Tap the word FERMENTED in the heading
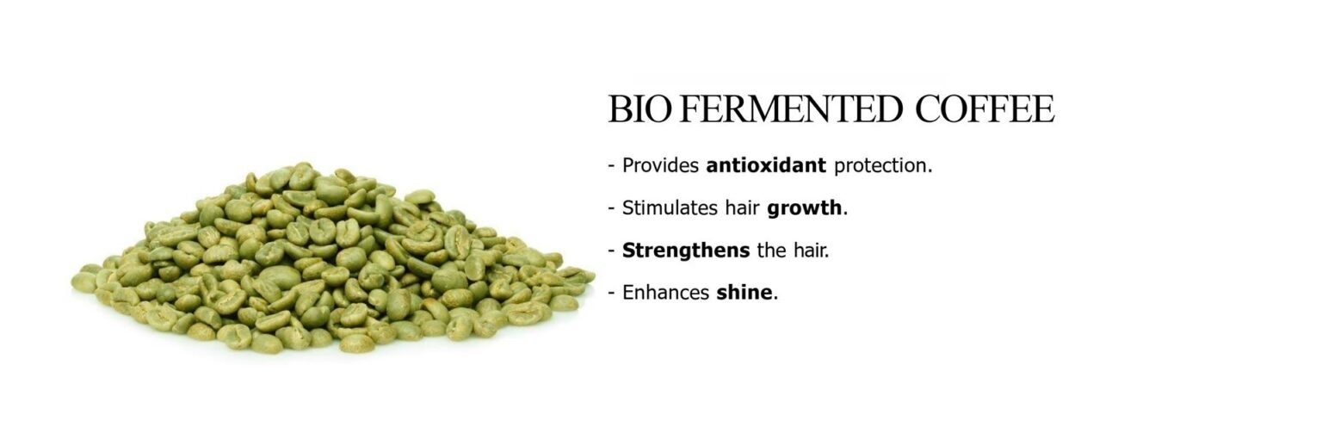tap(791, 108)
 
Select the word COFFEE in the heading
tap(985, 108)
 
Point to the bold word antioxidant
tap(766, 165)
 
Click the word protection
tap(883, 166)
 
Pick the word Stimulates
tap(670, 208)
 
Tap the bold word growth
tap(805, 209)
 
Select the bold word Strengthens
tap(686, 251)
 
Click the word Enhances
tap(665, 293)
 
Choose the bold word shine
tap(744, 293)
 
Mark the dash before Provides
tap(611, 166)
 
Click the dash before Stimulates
tap(611, 209)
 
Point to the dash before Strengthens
tap(611, 251)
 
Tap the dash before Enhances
tap(611, 294)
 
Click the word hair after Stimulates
tap(742, 208)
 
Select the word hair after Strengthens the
tap(811, 251)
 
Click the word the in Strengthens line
tap(771, 251)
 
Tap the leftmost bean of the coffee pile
tap(83, 282)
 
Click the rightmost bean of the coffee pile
tap(582, 276)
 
